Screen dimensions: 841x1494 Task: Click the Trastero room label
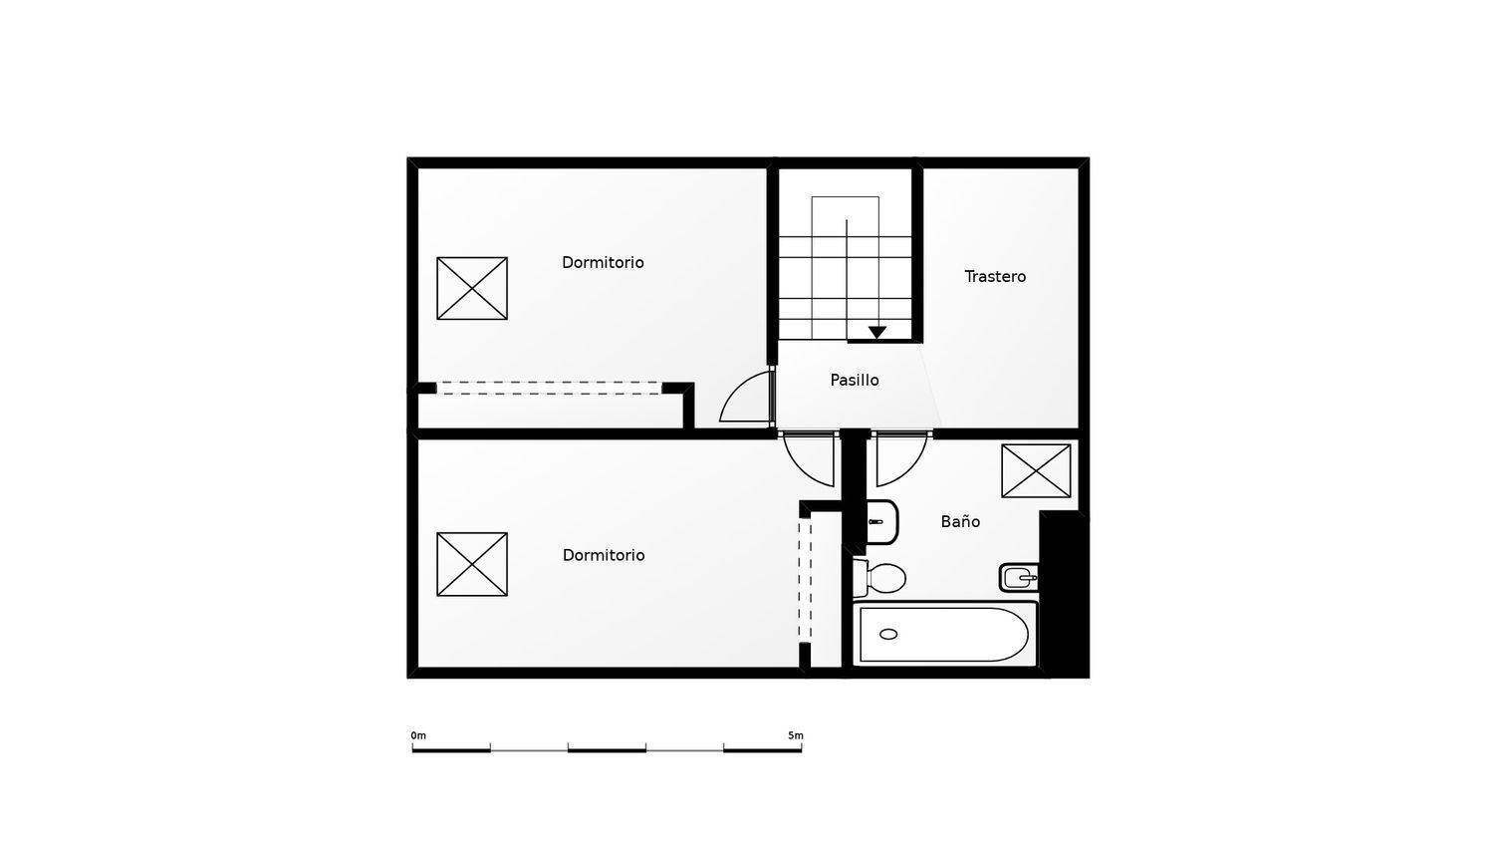pos(995,276)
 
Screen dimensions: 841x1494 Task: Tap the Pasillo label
pos(855,380)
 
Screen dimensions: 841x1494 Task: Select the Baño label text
pos(960,521)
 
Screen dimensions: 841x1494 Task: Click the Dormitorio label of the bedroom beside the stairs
pos(603,262)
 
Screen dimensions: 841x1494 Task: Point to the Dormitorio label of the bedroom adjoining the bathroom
pos(604,555)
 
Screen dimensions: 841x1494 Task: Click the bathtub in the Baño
pos(943,634)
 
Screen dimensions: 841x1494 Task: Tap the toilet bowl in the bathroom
pos(884,577)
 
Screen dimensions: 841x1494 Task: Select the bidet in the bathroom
pos(1019,577)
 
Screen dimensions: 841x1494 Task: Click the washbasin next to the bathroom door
pos(881,521)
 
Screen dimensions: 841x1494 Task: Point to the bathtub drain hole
pos(888,634)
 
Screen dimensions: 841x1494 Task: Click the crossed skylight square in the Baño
pos(1036,470)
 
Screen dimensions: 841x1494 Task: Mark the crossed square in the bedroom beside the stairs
pos(472,288)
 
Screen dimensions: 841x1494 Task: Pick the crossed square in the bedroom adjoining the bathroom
pos(472,564)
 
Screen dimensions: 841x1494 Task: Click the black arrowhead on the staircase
pos(876,333)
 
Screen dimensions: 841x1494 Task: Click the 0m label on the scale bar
pos(418,735)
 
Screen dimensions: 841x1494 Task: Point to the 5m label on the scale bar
pos(795,735)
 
